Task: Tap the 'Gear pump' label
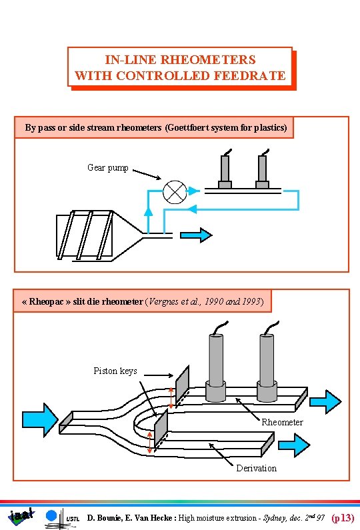108,167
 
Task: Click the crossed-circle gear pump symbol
175,192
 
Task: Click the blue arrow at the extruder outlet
197,235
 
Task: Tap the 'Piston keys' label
115,371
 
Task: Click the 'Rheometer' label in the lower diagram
282,422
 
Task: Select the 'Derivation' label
256,468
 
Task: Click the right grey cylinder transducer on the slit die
268,360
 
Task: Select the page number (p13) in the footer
343,517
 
